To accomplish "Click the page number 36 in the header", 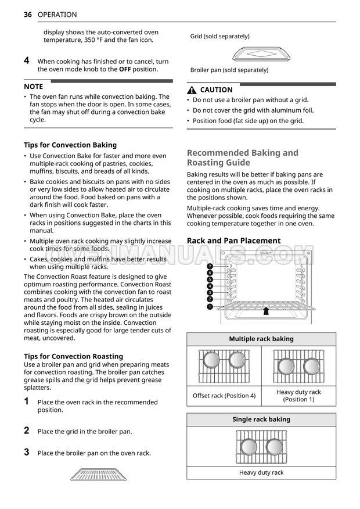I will pyautogui.click(x=27, y=15).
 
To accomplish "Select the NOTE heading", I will pyautogui.click(x=33, y=86).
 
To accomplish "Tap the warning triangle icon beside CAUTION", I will pyautogui.click(x=192, y=90).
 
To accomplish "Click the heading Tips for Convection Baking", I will pyautogui.click(x=70, y=145).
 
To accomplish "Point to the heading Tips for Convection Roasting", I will pyautogui.click(x=73, y=356).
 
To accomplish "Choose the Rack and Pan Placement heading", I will pyautogui.click(x=233, y=241).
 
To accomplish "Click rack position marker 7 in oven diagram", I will pyautogui.click(x=210, y=266).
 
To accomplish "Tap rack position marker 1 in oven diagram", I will pyautogui.click(x=210, y=306).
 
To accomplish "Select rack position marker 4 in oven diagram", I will pyautogui.click(x=210, y=286).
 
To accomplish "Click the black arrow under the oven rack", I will pyautogui.click(x=266, y=311).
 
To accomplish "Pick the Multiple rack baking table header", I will pyautogui.click(x=261, y=339).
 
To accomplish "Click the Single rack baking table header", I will pyautogui.click(x=261, y=420).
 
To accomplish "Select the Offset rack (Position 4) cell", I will pyautogui.click(x=224, y=396).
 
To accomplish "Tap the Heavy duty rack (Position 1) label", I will pyautogui.click(x=298, y=396).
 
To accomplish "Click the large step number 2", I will pyautogui.click(x=27, y=431).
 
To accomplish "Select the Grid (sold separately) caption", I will pyautogui.click(x=220, y=37).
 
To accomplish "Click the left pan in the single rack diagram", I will pyautogui.click(x=249, y=446).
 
